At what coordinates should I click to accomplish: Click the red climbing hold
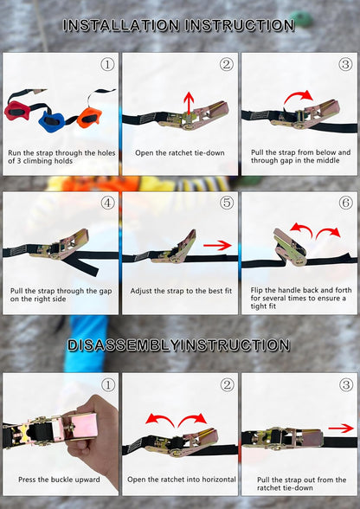(x=16, y=111)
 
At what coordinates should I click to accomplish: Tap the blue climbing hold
(x=51, y=121)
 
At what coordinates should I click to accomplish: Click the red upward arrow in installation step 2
(x=189, y=104)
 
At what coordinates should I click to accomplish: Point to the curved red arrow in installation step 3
(x=299, y=96)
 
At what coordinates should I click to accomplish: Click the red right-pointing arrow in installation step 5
(x=217, y=246)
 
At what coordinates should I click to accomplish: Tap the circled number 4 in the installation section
(x=107, y=203)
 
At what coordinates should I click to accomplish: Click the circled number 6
(x=345, y=203)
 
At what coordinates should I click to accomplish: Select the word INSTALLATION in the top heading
(x=121, y=25)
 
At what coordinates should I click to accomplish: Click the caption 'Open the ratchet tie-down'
(x=180, y=153)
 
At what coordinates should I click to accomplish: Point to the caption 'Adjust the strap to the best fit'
(x=181, y=291)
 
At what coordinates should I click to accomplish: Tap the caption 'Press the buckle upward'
(x=59, y=480)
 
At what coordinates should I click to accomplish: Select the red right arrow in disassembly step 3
(x=341, y=428)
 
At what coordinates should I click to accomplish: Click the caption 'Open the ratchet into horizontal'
(x=182, y=480)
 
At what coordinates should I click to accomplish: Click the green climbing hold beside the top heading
(x=301, y=18)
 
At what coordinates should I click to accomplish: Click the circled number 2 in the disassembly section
(x=227, y=385)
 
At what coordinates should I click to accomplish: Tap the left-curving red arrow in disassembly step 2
(x=160, y=420)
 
